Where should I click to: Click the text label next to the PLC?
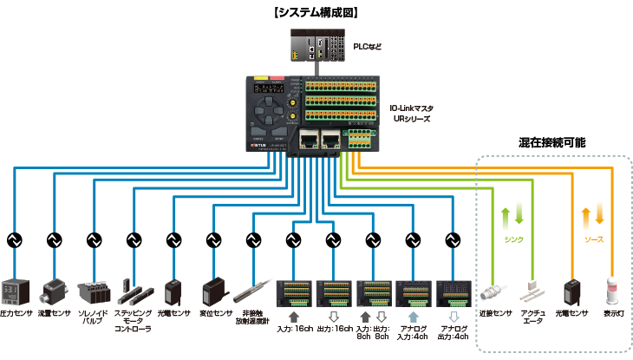pos(368,45)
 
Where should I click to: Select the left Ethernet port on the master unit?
pos(306,139)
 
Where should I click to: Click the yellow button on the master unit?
pos(262,81)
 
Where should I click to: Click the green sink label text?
pos(514,239)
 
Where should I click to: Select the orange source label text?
pos(593,239)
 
